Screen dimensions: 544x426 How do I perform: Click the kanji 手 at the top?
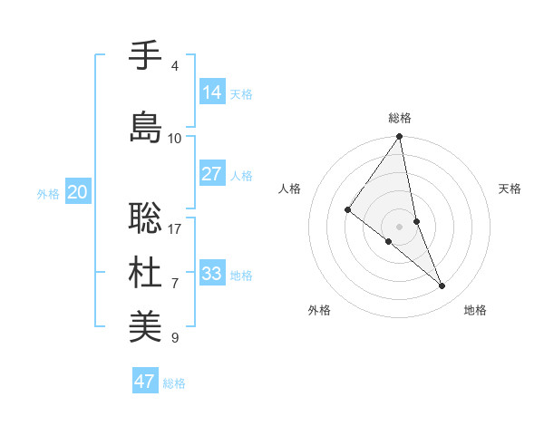click(145, 56)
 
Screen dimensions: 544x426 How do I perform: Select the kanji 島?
click(145, 128)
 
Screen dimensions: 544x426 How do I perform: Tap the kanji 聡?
click(145, 218)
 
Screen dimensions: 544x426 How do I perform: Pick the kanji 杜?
click(145, 273)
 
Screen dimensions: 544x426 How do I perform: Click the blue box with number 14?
click(212, 92)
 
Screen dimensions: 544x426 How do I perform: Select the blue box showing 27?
click(212, 174)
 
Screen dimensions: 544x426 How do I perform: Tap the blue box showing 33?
click(212, 273)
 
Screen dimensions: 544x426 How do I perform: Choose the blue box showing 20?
click(78, 192)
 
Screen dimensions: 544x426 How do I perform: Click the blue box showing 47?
click(145, 382)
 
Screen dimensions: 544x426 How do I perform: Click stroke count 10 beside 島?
click(175, 139)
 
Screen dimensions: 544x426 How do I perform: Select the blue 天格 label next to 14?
click(240, 93)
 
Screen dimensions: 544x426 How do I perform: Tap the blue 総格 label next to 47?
click(174, 383)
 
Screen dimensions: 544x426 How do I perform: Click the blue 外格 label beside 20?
click(47, 194)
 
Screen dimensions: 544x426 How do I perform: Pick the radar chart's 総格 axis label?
click(400, 118)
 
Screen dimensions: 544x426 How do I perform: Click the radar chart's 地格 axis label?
click(475, 310)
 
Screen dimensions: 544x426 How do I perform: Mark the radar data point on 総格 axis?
click(400, 137)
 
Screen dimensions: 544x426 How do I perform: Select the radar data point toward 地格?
click(442, 286)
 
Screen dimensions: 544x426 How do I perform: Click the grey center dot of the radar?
click(400, 226)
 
